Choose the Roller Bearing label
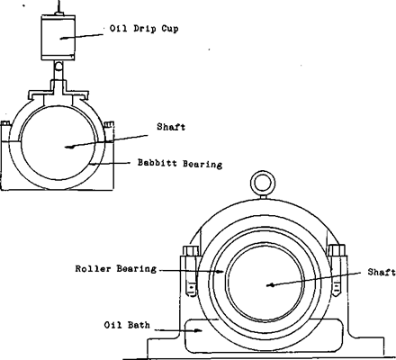[x=116, y=267]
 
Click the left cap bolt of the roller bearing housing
[x=192, y=269]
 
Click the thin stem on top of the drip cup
[x=60, y=7]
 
